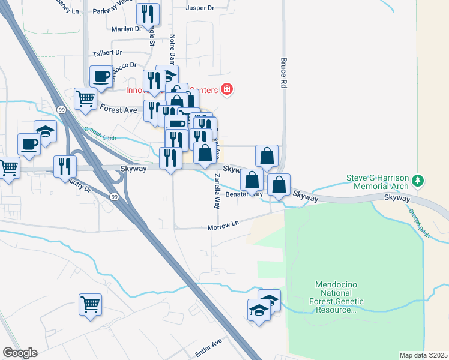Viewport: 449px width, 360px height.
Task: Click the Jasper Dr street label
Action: (200, 8)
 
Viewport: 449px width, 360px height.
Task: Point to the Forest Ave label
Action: (119, 110)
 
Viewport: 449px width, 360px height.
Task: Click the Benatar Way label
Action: (245, 194)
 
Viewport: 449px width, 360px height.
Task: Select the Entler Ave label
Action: (208, 343)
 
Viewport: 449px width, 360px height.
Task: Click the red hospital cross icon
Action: (226, 90)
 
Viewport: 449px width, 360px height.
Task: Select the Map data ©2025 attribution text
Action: (424, 355)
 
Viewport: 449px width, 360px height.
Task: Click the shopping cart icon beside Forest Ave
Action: (86, 98)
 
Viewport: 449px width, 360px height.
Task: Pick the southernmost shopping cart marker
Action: (90, 304)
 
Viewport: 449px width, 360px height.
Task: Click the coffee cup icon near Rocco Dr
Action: (101, 76)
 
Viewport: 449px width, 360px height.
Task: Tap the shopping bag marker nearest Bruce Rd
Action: (267, 156)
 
